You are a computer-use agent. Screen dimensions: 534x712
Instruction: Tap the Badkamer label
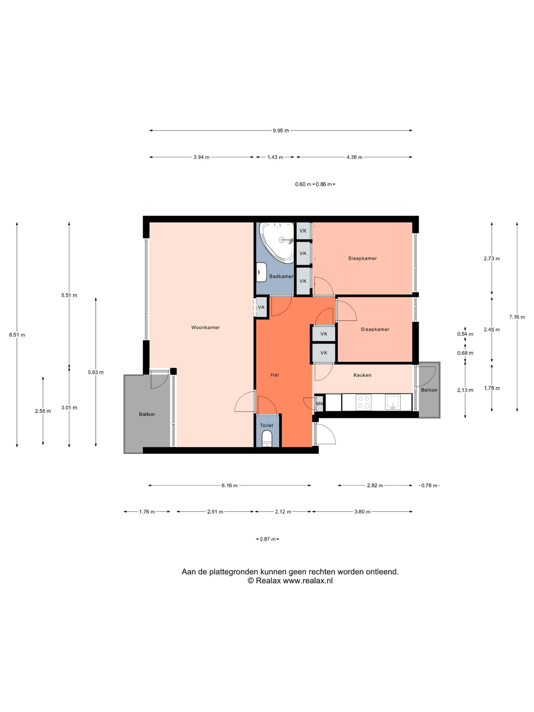(281, 276)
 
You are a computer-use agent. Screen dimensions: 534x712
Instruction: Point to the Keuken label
(362, 375)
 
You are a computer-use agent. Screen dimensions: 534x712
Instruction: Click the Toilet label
(266, 425)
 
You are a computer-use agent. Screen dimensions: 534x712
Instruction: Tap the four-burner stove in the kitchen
(363, 402)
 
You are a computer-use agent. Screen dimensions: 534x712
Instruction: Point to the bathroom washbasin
(261, 272)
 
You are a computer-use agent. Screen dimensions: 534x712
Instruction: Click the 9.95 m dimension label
(281, 130)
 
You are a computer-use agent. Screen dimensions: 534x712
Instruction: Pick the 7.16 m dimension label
(517, 317)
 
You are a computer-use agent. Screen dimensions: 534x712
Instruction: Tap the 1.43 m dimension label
(275, 157)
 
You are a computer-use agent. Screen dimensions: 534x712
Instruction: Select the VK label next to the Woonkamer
(261, 307)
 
